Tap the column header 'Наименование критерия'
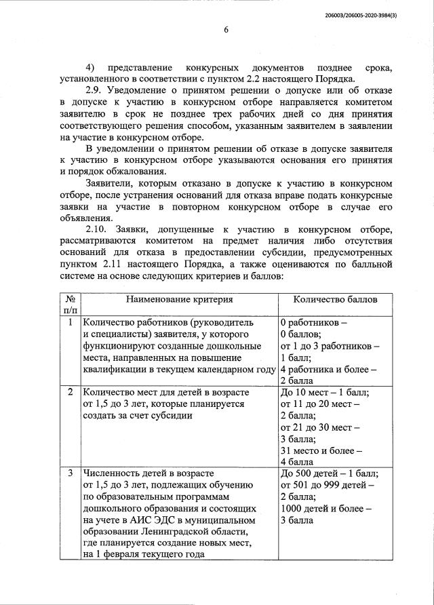tap(179, 299)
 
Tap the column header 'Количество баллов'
tap(335, 299)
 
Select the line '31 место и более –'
tap(321, 450)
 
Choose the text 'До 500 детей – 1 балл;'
tap(329, 473)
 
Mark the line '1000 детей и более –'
tap(325, 508)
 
